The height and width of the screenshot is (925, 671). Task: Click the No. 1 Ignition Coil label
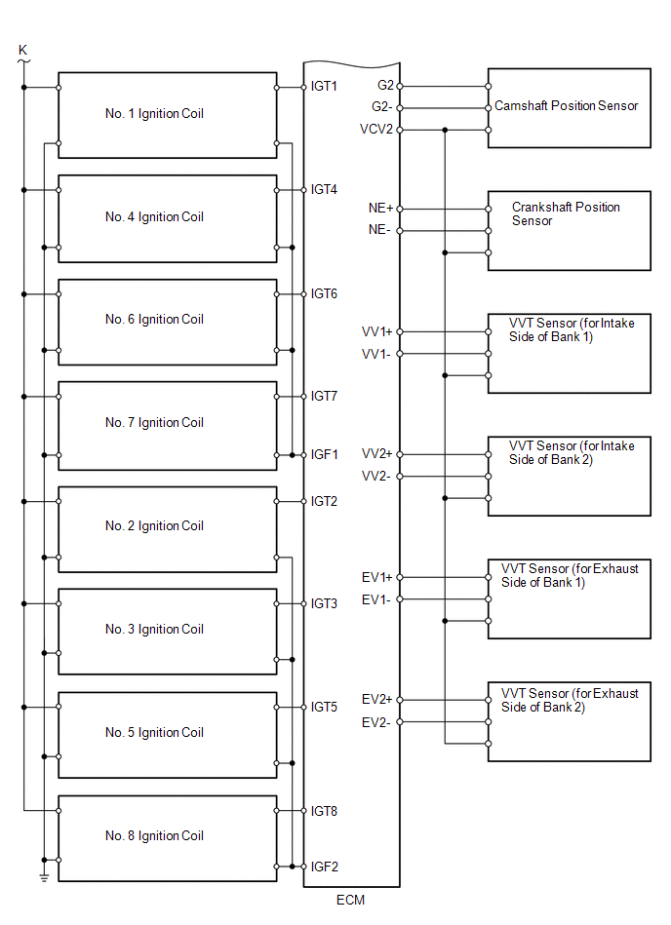click(x=154, y=113)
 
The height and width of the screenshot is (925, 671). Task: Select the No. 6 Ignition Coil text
click(x=154, y=319)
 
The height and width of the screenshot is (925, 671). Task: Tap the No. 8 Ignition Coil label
click(x=154, y=836)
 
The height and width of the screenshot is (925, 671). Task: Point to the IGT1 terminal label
click(x=324, y=86)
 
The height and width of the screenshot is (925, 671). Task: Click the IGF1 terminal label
click(x=324, y=455)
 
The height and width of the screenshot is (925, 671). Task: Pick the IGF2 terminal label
click(x=324, y=867)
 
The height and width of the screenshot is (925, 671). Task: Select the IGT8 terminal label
click(x=324, y=811)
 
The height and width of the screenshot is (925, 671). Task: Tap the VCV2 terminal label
click(x=376, y=130)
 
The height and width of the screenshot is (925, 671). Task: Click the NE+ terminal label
click(x=380, y=209)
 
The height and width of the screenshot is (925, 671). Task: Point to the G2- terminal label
click(x=382, y=107)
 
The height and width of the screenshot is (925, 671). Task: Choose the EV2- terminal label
click(x=375, y=722)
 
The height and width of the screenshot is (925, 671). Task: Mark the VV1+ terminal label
click(x=376, y=332)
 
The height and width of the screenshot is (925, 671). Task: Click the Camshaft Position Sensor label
click(x=566, y=106)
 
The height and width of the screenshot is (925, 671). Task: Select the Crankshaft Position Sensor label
click(x=566, y=213)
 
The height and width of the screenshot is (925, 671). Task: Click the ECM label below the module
click(x=350, y=901)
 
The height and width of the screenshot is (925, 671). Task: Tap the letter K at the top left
click(x=23, y=50)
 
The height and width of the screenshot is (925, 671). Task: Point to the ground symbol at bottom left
click(x=44, y=877)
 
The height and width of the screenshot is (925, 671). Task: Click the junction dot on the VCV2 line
click(x=445, y=130)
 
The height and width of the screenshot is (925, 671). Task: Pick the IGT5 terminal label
click(x=324, y=707)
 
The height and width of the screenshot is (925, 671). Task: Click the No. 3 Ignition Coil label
click(x=154, y=630)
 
